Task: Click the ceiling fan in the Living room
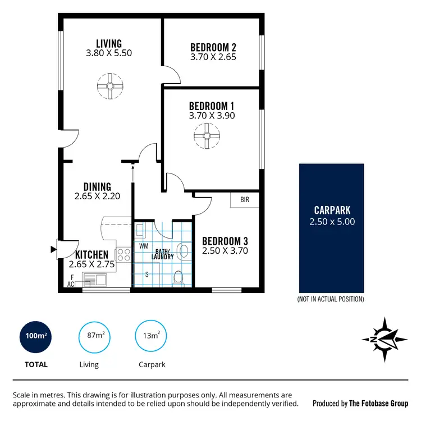tap(109, 86)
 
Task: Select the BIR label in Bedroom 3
tap(245, 200)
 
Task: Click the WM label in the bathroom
tap(143, 246)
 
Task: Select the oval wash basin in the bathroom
tap(182, 250)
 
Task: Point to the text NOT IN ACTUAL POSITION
tap(330, 299)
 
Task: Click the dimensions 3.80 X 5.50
tap(109, 53)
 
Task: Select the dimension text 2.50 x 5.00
tap(332, 221)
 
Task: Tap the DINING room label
tap(97, 187)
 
